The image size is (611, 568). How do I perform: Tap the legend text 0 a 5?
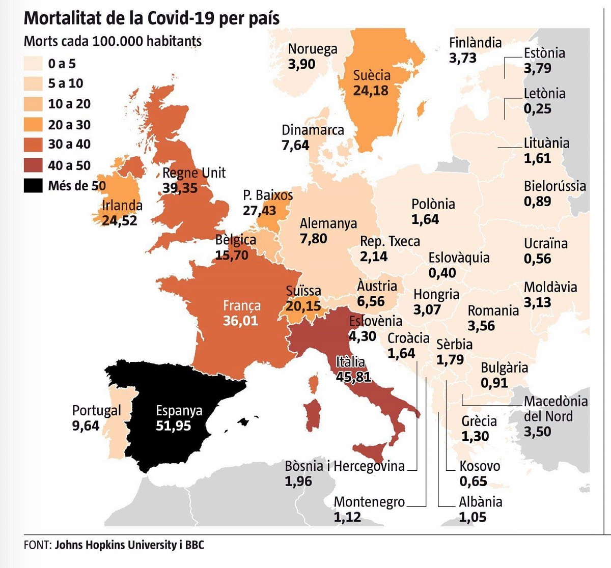62,64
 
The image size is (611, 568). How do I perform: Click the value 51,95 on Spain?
173,425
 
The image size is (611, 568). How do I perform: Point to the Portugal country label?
96,410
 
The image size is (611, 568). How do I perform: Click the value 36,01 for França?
240,321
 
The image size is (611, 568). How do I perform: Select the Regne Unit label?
193,173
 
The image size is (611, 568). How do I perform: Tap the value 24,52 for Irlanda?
119,220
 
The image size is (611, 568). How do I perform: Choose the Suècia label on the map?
372,75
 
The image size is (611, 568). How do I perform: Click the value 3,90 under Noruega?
301,64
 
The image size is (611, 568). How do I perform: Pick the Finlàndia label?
475,43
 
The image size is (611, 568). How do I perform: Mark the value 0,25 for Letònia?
537,108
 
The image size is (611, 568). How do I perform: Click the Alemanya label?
328,223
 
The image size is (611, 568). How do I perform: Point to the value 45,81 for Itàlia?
353,377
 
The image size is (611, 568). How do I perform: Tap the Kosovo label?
480,466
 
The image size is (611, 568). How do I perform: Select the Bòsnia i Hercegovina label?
345,466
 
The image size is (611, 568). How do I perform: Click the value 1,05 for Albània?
473,517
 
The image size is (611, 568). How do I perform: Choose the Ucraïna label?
545,243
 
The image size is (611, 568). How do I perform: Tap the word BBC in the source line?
194,545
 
